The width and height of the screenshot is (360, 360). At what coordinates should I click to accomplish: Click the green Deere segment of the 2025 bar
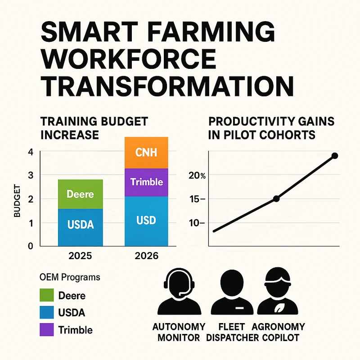(80, 194)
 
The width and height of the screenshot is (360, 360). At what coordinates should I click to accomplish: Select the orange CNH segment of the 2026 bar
(146, 152)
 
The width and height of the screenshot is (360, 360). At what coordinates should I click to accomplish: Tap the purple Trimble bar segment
(146, 182)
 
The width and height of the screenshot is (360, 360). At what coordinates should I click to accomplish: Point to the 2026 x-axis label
(146, 256)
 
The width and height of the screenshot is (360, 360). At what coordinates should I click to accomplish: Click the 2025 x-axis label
(80, 256)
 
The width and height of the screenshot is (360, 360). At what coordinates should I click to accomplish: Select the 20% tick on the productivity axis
(197, 175)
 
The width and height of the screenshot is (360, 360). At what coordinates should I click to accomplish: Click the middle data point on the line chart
(276, 198)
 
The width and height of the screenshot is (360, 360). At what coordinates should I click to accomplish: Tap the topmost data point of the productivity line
(334, 156)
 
